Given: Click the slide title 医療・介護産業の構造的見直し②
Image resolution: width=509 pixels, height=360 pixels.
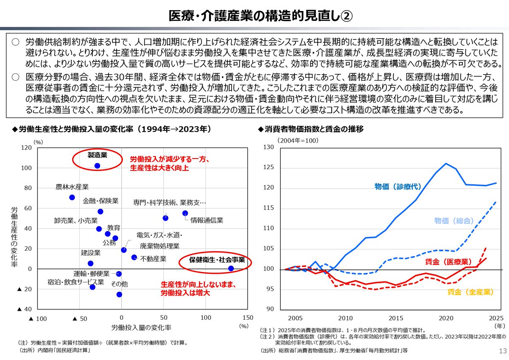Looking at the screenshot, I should [x=255, y=16].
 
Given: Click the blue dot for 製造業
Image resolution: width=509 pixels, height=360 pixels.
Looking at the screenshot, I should [x=97, y=166].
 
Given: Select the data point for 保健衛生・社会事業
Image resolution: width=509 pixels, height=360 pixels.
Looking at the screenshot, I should [x=231, y=268].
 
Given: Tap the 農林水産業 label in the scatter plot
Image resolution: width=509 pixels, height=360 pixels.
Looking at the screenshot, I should [x=72, y=187].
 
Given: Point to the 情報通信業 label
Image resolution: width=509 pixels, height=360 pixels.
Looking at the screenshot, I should [x=207, y=220].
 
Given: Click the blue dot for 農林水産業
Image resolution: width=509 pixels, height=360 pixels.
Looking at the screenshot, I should [x=72, y=198].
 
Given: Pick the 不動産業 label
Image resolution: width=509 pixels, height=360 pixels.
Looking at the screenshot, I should [x=153, y=258].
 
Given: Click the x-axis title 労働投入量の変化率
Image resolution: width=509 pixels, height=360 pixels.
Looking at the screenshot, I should [x=141, y=328].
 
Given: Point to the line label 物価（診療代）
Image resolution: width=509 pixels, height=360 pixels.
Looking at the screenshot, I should [x=396, y=186].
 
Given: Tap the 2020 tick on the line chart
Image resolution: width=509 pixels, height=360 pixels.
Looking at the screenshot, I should [x=446, y=318].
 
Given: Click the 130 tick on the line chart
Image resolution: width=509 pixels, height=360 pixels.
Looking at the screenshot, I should [x=269, y=148].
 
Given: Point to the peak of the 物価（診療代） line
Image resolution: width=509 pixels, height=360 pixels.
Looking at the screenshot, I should [x=446, y=163].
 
